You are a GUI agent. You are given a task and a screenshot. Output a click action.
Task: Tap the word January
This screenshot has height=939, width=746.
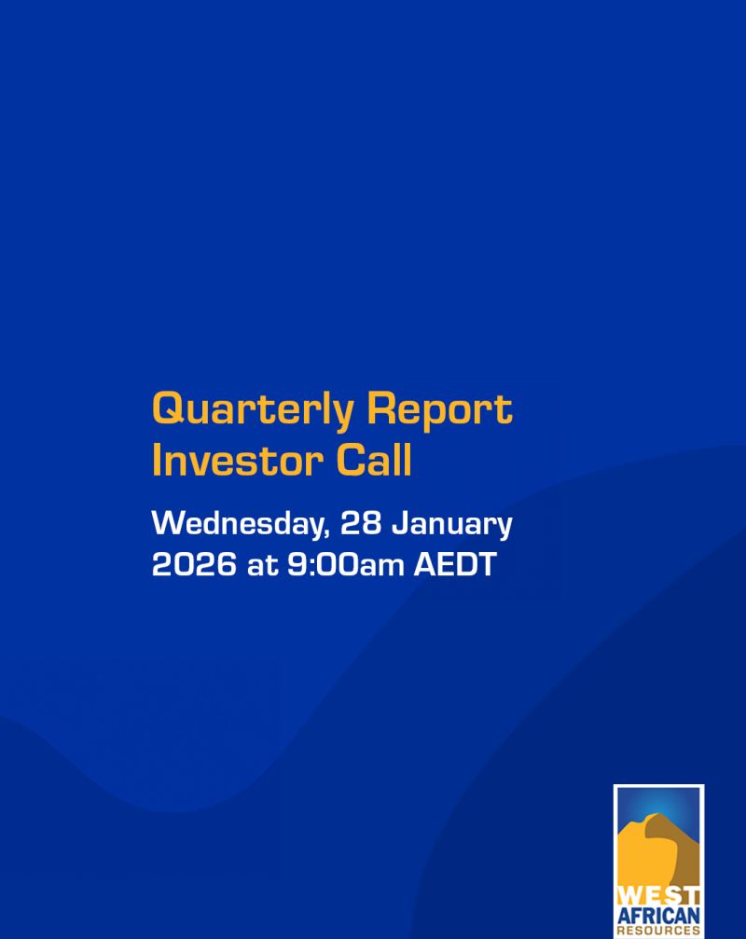tap(451, 525)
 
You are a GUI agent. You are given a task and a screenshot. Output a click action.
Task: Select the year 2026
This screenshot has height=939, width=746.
tap(194, 565)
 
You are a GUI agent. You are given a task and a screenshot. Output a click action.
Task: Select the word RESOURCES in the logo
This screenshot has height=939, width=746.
tap(658, 931)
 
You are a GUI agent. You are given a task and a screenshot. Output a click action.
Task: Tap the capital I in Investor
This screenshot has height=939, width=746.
tap(157, 461)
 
